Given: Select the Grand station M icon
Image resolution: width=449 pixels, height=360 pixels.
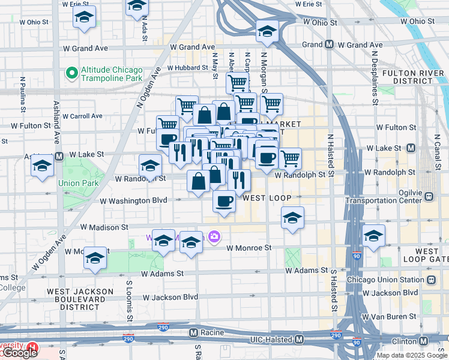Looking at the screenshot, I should point(329,44).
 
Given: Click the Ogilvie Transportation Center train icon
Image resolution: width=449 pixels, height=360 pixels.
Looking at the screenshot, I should point(429,196).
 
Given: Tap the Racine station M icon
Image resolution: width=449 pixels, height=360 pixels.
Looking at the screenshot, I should point(193,332).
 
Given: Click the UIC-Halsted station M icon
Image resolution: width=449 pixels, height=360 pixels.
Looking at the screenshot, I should point(299,340).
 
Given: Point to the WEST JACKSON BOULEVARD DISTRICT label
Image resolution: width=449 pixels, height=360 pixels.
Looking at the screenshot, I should point(80,299).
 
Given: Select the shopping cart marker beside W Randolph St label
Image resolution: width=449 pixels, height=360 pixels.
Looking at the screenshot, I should point(290,158).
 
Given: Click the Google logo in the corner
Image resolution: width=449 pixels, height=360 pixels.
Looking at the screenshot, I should point(19,353).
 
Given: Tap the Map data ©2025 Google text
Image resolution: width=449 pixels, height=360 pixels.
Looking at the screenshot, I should point(412,355).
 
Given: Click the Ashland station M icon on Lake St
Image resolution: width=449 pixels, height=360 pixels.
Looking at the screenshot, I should point(59,157).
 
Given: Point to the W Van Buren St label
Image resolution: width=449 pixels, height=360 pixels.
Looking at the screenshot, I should point(390,316).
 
